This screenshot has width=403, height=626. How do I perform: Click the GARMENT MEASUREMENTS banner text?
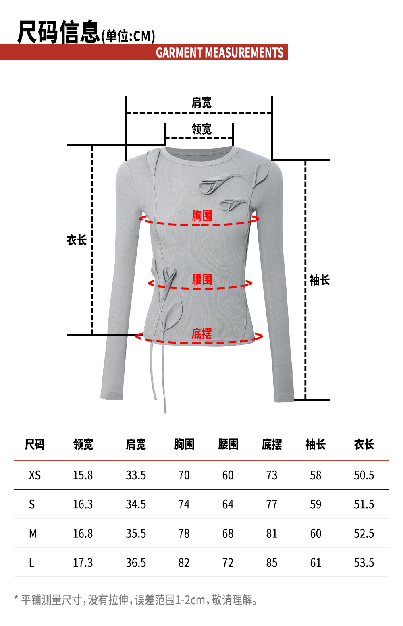[x=220, y=53]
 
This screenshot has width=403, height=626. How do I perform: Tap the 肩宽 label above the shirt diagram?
[x=201, y=103]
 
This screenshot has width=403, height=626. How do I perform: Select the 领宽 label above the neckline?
[x=201, y=129]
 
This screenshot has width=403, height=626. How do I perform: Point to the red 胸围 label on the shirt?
[x=201, y=216]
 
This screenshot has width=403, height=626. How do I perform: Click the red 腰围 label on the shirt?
[x=201, y=279]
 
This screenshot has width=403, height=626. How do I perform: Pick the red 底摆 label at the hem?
[x=201, y=334]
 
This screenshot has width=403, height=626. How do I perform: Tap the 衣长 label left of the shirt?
[x=77, y=240]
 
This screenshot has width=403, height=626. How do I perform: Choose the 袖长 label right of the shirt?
[x=320, y=280]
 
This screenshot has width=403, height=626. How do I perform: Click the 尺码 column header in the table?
[x=35, y=444]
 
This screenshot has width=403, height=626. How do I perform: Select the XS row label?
[x=35, y=475]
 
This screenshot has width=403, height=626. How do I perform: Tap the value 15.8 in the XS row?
[x=83, y=475]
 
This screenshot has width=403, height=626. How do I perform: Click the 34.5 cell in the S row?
[x=136, y=504]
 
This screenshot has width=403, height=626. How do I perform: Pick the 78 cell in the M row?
[x=184, y=534]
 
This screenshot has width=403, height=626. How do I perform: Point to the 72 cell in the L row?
[x=228, y=563]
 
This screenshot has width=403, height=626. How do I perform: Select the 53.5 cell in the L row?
[x=364, y=563]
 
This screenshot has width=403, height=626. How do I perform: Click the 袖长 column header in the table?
[x=316, y=444]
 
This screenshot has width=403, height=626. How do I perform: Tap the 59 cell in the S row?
[x=316, y=504]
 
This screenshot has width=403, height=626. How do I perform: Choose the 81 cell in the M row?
[x=272, y=534]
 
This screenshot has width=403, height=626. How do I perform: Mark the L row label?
[x=31, y=563]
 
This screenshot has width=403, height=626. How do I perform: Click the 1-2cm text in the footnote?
[x=190, y=600]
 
